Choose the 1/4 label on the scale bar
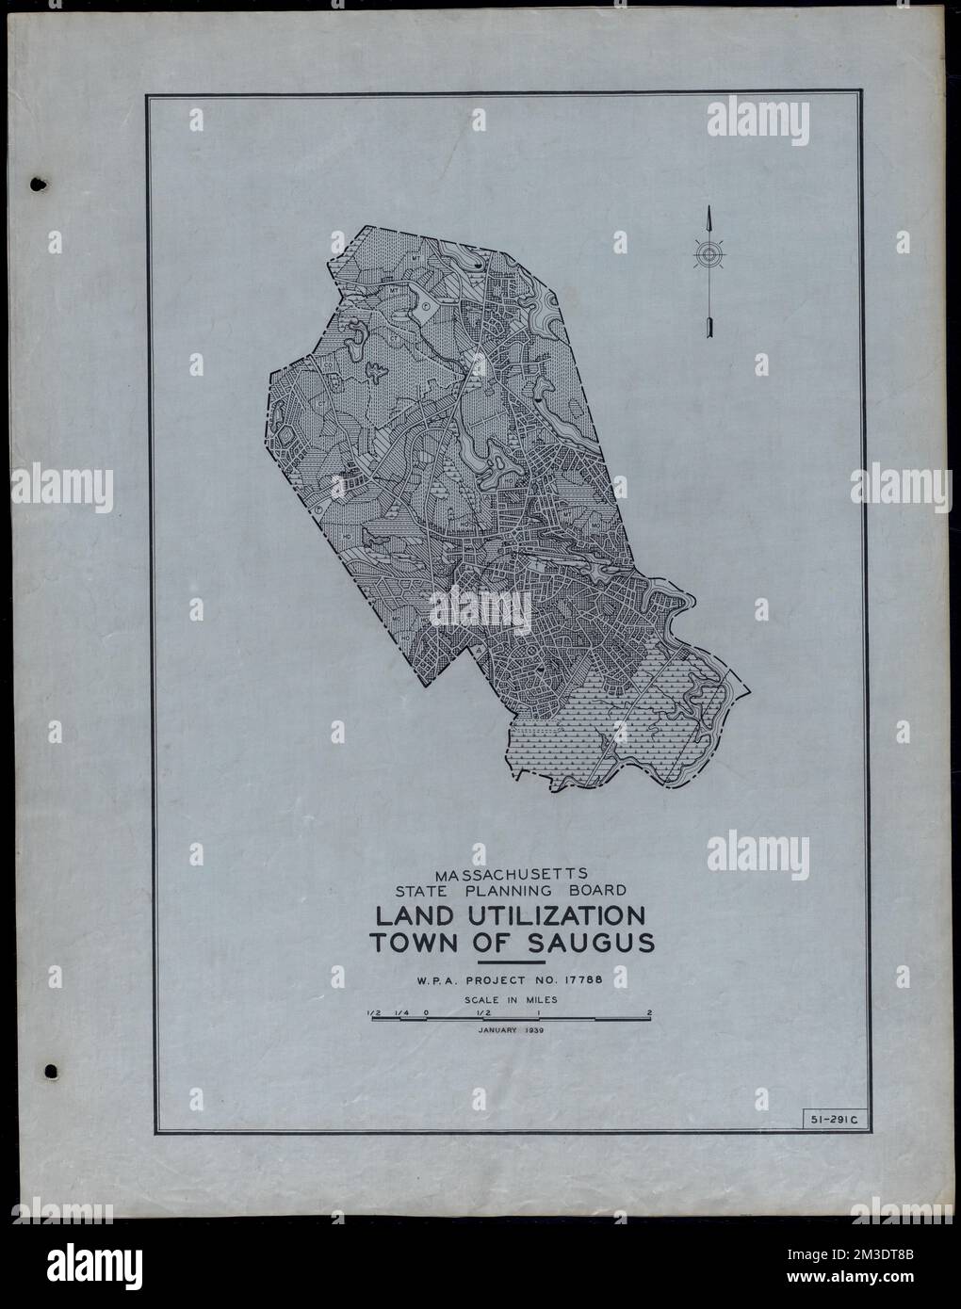click(400, 1013)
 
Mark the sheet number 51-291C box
click(824, 1119)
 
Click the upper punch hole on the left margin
click(38, 184)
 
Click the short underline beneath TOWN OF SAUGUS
click(512, 962)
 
